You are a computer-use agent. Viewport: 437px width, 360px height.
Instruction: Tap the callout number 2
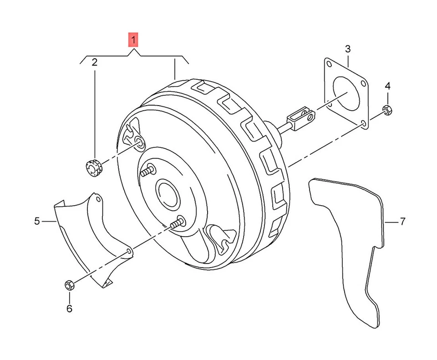pos(95,62)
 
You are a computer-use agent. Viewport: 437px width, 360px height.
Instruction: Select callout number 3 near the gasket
pos(347,49)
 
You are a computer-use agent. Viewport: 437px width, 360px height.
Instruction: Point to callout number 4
pos(387,86)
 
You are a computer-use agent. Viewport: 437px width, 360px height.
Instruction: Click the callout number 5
pos(37,222)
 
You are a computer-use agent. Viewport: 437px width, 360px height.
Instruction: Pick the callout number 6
pos(69,309)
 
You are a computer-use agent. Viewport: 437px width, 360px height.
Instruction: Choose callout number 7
pos(402,222)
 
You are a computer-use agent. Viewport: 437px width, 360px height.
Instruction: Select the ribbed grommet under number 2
pos(94,167)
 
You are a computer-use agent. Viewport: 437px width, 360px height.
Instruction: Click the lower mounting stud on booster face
pos(177,223)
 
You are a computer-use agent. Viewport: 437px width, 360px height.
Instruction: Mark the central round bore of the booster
pos(168,194)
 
